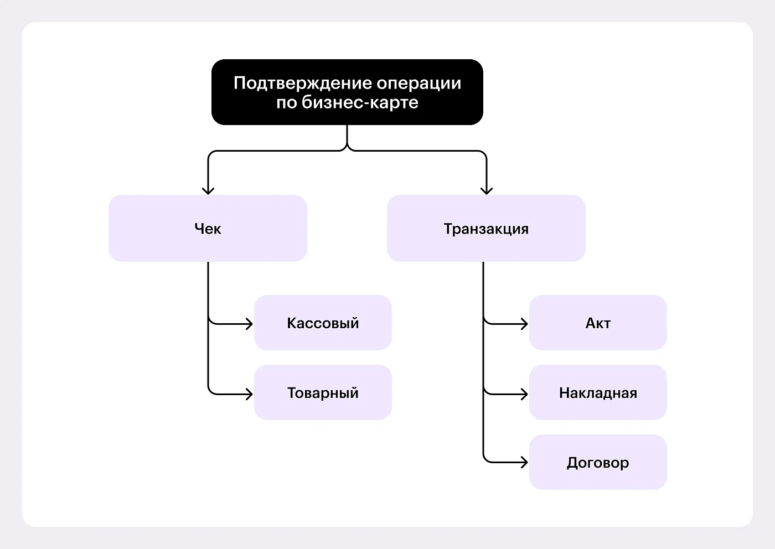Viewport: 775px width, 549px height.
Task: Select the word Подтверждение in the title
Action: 303,83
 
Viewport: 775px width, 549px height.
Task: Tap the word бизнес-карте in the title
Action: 360,102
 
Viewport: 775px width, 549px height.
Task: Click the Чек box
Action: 208,228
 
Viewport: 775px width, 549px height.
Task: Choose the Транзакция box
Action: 486,228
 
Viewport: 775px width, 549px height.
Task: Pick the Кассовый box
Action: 323,323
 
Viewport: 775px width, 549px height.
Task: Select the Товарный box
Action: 323,392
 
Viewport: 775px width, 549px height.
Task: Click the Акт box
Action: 598,323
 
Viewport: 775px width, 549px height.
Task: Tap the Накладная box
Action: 598,392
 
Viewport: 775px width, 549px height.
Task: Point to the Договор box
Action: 598,462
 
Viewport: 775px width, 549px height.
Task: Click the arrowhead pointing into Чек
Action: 208,190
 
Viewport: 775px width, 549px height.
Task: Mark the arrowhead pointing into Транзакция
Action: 487,190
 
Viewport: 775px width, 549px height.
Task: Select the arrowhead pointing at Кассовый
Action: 249,323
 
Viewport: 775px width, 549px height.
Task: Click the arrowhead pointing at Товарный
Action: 249,394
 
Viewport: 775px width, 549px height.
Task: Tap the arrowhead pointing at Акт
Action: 524,323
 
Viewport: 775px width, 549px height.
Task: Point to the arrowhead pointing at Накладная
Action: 524,394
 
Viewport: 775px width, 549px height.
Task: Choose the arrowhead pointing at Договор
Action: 524,462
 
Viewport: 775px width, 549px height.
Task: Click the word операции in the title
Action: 419,83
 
